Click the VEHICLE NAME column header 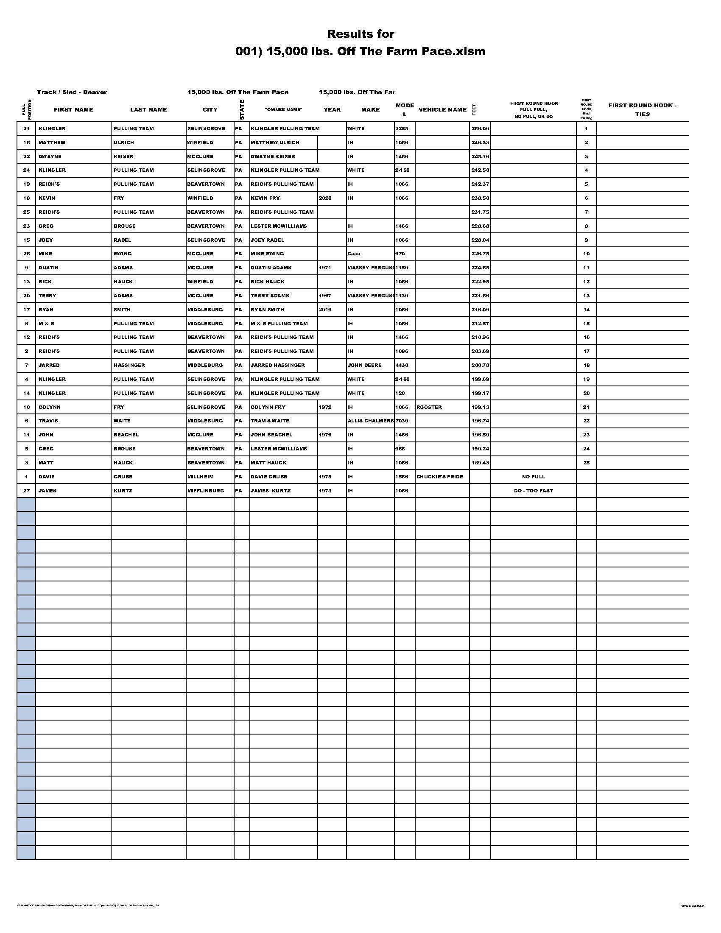click(x=442, y=110)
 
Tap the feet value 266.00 click(x=480, y=128)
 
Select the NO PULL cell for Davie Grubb click(x=533, y=477)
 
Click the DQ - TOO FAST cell click(x=533, y=491)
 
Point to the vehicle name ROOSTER click(x=429, y=407)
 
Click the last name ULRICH click(x=123, y=142)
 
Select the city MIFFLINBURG click(x=205, y=491)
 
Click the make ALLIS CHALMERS click(x=370, y=421)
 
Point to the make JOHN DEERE click(x=364, y=365)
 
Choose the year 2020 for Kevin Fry click(x=325, y=198)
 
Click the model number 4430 click(x=402, y=365)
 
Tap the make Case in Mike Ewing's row click(x=354, y=254)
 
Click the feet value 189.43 click(x=480, y=463)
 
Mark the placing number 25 click(x=586, y=463)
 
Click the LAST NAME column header click(x=148, y=110)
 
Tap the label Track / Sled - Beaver click(x=72, y=92)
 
